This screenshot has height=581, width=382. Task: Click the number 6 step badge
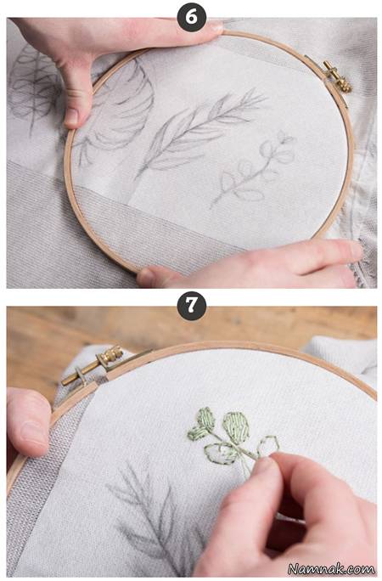point(191,18)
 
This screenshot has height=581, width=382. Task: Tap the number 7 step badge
point(191,306)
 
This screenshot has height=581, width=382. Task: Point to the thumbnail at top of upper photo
point(215,26)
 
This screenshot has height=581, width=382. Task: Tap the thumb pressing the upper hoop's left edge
point(76,99)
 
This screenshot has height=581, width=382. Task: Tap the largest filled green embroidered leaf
point(236,427)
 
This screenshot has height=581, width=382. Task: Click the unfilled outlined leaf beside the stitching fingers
point(267,446)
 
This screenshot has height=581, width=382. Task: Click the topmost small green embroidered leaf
point(205,419)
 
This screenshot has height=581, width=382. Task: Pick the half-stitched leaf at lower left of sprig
point(222,454)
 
